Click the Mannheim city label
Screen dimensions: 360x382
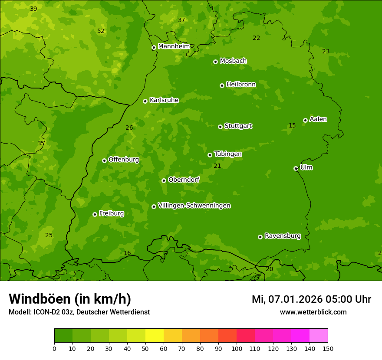pos(174,46)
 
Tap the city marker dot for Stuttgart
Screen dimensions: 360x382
pos(220,127)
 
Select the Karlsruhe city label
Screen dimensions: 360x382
pos(164,100)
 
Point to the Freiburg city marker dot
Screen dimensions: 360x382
pos(95,214)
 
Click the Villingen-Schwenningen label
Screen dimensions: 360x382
pos(194,206)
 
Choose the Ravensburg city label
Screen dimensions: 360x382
pos(283,236)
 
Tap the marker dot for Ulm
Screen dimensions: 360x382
pos(296,168)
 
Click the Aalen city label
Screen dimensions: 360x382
pos(318,119)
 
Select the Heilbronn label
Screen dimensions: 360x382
pos(241,85)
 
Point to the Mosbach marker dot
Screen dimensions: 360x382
pos(215,62)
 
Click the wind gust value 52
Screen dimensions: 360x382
pos(101,31)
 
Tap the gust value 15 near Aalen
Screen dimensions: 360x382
pos(292,126)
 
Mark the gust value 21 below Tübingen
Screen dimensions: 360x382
pos(217,166)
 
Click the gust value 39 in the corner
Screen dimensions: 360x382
pos(33,9)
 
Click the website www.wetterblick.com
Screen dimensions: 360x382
pos(313,312)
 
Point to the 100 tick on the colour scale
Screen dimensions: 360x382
pos(237,348)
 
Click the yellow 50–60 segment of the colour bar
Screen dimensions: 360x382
pos(155,335)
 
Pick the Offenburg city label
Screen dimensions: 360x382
pos(124,160)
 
